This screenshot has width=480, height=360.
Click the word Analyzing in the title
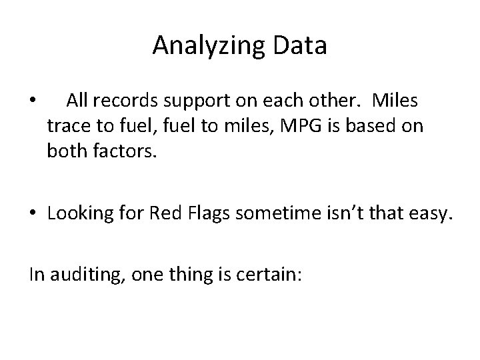tap(199, 47)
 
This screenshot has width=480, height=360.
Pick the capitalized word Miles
tap(397, 101)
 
